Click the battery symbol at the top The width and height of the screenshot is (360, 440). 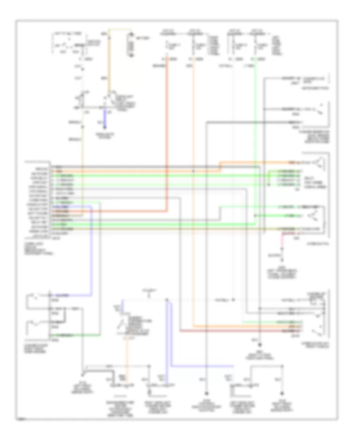tap(130, 46)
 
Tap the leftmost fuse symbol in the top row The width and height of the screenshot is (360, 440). tap(168, 44)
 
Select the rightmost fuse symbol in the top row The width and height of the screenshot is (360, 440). tap(255, 44)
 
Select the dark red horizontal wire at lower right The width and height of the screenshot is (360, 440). tap(240, 331)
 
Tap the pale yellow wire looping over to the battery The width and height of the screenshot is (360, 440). tap(120, 29)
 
